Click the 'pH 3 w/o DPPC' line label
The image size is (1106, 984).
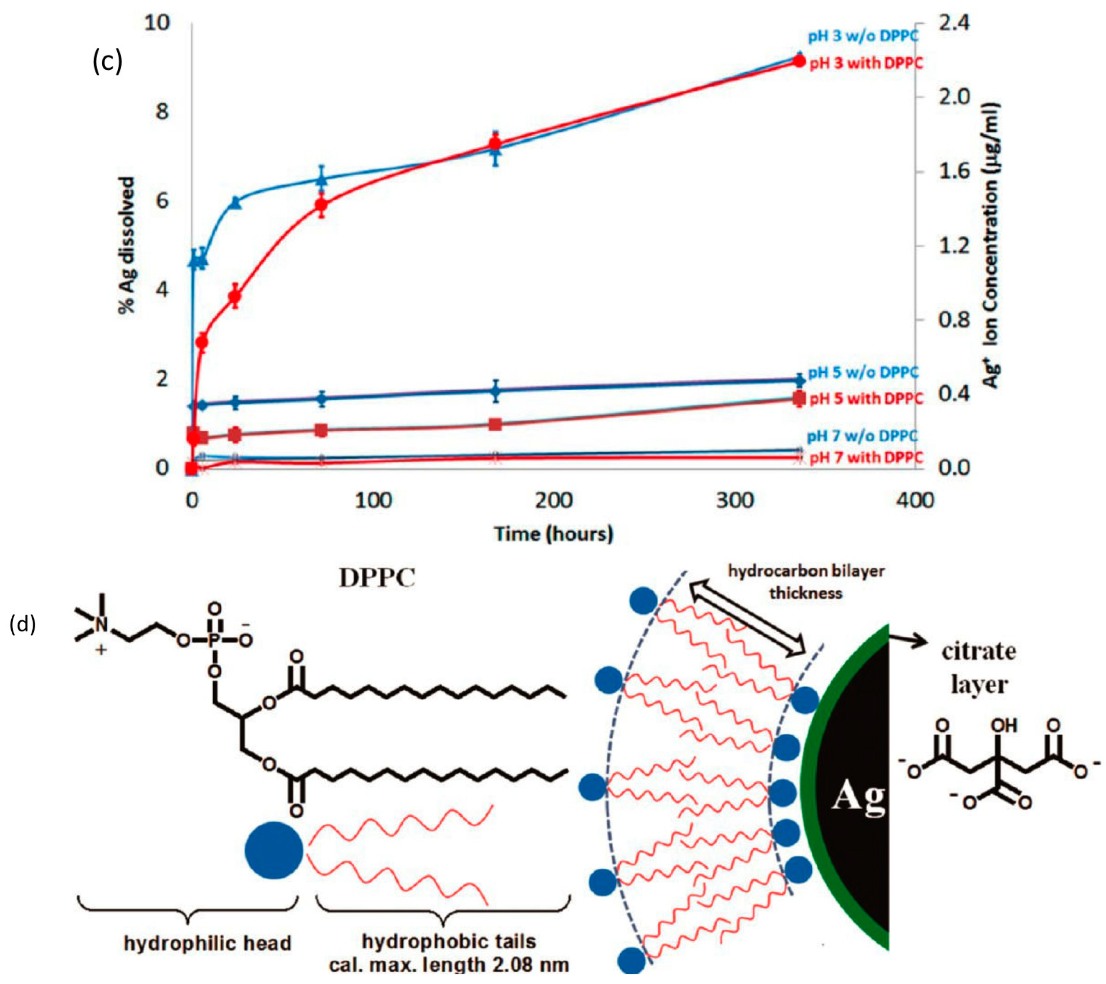pos(863,36)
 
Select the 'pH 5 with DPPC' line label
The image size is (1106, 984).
pos(866,399)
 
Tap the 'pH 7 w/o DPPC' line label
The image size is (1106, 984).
pos(863,436)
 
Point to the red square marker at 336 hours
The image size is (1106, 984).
pos(799,399)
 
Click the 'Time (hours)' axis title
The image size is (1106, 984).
pos(553,534)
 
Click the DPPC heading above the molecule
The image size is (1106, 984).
pos(377,578)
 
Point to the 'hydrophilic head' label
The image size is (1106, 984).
pos(207,944)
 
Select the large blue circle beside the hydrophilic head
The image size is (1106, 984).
pos(274,851)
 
